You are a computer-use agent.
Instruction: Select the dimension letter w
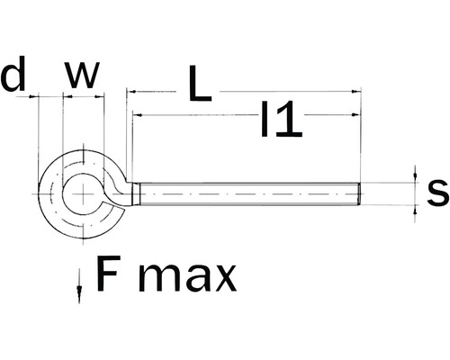[x=82, y=76]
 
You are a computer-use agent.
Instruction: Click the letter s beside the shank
[x=436, y=191]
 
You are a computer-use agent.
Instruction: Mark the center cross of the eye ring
[x=83, y=194]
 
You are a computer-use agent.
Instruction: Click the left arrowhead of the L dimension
[x=131, y=91]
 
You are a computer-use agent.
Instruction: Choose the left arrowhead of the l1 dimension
[x=136, y=115]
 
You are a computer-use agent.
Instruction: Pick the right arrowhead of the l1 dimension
[x=355, y=115]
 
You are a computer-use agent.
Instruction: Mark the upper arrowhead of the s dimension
[x=415, y=177]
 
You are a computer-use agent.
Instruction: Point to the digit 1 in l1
[x=288, y=121]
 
